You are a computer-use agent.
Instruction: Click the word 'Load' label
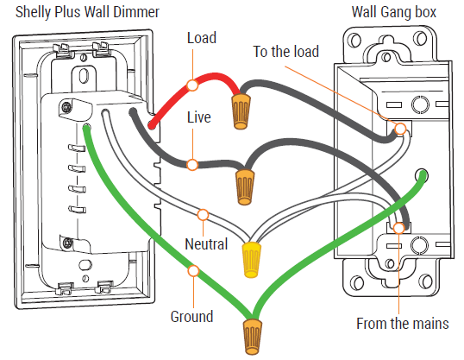point(201,38)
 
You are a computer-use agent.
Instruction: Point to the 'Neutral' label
point(206,244)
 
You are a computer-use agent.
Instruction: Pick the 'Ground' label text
point(191,316)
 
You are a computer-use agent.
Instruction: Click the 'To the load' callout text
point(285,52)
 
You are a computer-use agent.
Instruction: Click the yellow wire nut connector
point(253,258)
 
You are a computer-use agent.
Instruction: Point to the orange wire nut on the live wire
point(245,184)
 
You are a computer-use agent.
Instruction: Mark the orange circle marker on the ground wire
point(193,270)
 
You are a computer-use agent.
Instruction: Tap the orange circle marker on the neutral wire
point(204,213)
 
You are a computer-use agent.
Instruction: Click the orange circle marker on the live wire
point(194,164)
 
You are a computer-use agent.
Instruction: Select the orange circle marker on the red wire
point(193,85)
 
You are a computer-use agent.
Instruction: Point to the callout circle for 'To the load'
point(401,129)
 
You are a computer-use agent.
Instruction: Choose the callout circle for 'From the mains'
point(398,229)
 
